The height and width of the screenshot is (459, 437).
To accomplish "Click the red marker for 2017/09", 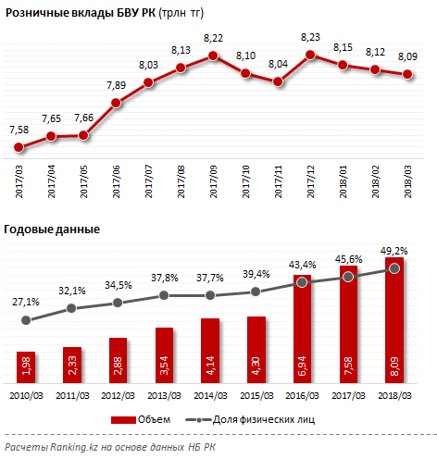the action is (x=213, y=56).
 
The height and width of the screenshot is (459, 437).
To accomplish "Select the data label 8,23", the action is (x=310, y=37).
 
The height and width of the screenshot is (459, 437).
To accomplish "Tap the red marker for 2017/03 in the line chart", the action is (x=19, y=147).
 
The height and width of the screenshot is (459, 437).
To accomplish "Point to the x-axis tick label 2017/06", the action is (x=116, y=181).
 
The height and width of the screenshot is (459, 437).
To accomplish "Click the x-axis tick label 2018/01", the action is (x=343, y=181).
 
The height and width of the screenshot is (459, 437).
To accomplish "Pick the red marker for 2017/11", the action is (x=278, y=81).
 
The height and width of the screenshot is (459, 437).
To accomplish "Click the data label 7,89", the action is (x=116, y=85).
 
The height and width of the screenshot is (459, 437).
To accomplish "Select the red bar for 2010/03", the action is (x=26, y=367).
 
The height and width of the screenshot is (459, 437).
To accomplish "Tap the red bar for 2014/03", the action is (x=210, y=351).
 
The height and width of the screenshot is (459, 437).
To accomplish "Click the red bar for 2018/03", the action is (x=394, y=320).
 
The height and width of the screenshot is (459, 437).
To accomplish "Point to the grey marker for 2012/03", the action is (x=118, y=303).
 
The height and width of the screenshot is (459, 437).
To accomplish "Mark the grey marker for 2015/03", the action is (x=256, y=292).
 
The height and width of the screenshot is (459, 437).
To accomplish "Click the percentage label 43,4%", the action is (x=303, y=265).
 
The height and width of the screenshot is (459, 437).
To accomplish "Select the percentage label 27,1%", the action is (x=26, y=302).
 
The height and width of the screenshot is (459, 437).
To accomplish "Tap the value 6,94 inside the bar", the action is (x=302, y=366).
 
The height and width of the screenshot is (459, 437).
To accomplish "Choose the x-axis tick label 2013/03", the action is (x=164, y=395).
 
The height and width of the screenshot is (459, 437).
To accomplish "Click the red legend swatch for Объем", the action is (x=123, y=420).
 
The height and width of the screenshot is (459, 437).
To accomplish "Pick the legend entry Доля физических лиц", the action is (x=250, y=419).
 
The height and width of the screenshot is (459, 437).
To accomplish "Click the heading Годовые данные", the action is (x=52, y=229).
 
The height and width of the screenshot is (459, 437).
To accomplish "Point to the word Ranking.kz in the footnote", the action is (x=74, y=447).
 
